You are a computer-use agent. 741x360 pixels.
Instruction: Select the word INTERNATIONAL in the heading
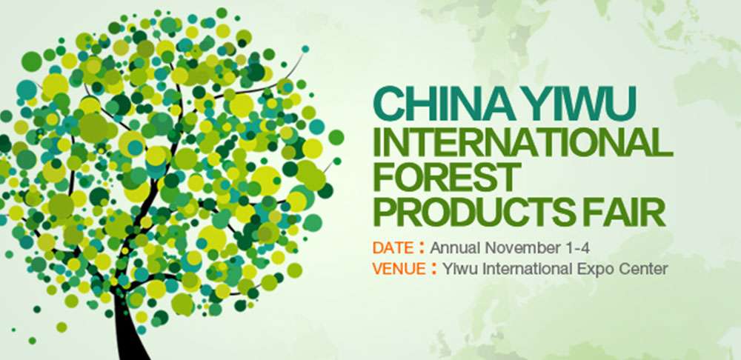tap(522, 141)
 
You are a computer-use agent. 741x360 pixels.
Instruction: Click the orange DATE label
tap(392, 247)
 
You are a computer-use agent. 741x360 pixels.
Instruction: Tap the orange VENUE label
tap(399, 269)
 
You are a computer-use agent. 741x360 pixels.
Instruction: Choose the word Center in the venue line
tap(645, 269)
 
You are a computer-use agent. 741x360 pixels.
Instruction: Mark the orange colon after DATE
tap(422, 249)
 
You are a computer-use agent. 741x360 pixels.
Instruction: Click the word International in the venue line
tap(529, 269)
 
